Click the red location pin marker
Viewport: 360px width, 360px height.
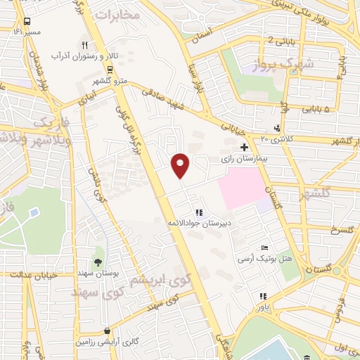pyautogui.click(x=181, y=165)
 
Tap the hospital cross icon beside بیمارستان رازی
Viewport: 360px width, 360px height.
pyautogui.click(x=244, y=148)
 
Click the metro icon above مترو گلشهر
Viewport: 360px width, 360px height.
pyautogui.click(x=110, y=69)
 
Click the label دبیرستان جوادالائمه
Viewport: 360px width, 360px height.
pyautogui.click(x=199, y=222)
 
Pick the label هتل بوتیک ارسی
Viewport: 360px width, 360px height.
pyautogui.click(x=262, y=259)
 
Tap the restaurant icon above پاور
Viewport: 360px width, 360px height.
pyautogui.click(x=263, y=296)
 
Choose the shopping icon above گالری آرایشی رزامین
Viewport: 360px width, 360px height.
pyautogui.click(x=105, y=329)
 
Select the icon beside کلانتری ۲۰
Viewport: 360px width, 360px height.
pyautogui.click(x=277, y=128)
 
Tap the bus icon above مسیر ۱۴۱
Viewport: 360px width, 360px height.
pyautogui.click(x=27, y=22)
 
